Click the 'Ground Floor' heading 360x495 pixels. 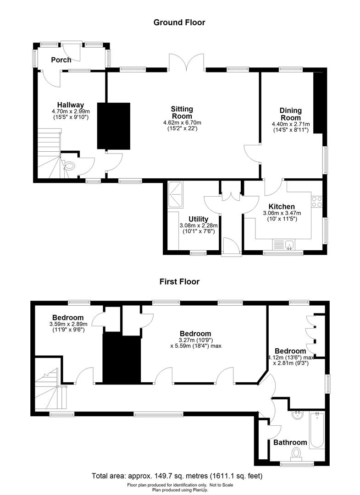179,22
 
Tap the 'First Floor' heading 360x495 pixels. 179,281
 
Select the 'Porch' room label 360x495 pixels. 61,60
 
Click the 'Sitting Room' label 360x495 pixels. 182,113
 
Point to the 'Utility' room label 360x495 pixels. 199,219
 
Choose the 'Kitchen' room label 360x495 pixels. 282,207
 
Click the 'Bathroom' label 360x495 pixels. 290,442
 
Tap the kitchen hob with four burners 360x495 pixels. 317,202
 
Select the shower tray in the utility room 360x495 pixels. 176,195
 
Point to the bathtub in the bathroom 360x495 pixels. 317,430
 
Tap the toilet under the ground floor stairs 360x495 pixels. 69,166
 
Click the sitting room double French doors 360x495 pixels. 187,62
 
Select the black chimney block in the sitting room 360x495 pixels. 114,126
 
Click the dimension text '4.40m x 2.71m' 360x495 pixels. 291,124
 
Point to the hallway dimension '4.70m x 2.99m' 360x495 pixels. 71,111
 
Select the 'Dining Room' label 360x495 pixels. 291,114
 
